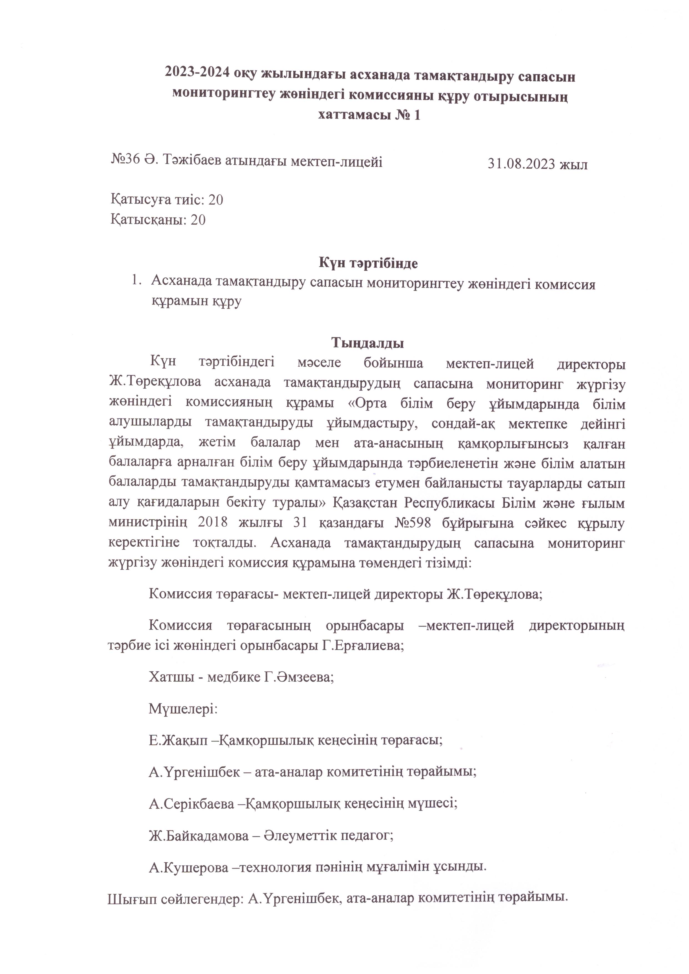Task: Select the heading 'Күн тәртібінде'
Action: click(x=368, y=263)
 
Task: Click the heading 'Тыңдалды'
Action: click(x=367, y=342)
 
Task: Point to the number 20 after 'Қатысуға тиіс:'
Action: click(x=216, y=200)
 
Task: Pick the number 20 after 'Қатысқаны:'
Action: click(x=198, y=220)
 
